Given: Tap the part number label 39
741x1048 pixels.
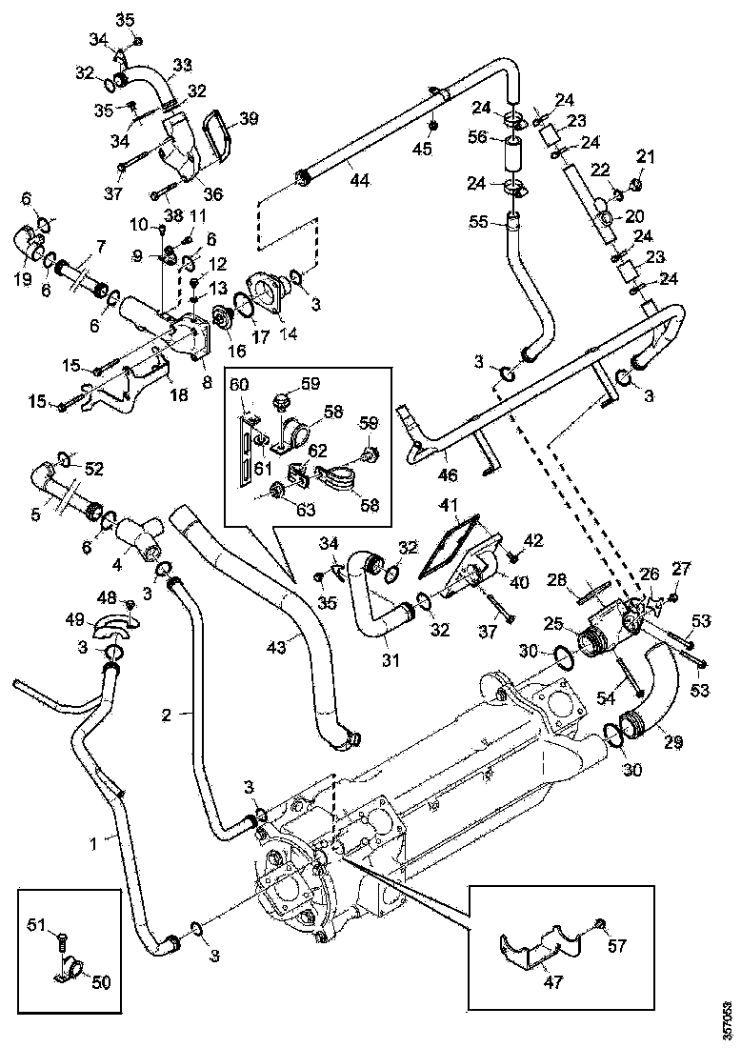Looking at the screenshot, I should pos(249,118).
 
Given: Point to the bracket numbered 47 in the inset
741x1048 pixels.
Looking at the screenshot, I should pos(540,949).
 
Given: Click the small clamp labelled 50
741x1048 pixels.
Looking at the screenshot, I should pos(70,973).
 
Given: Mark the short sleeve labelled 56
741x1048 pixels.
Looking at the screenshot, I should pos(513,152).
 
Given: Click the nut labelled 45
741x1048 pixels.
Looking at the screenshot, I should pos(432,127).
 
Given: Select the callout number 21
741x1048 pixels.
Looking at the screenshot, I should pos(647,156).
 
